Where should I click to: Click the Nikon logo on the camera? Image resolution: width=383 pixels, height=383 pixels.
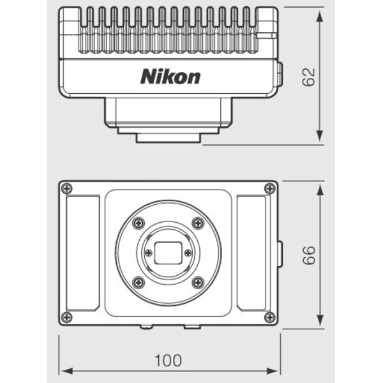pos(170,77)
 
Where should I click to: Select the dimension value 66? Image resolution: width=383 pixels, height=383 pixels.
pos(310,255)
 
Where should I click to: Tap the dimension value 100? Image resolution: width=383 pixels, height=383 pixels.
pos(168,361)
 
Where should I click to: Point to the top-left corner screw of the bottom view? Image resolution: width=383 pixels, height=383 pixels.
pos(67,188)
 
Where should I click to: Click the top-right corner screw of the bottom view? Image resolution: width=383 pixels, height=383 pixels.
pos(270,188)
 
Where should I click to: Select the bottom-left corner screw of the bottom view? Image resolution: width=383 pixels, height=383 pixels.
pos(67,317)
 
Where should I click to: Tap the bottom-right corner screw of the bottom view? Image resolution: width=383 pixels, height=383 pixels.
pos(270,317)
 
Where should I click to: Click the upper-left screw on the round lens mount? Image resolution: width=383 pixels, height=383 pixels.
pos(139,223)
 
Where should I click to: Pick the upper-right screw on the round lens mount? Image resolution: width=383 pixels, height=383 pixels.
pos(198,223)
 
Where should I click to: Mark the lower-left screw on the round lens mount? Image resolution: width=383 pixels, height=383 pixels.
pos(139,282)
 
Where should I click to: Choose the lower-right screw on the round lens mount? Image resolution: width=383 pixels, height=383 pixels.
pos(198,282)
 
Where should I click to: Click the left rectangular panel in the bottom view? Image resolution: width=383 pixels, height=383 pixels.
pos(83,253)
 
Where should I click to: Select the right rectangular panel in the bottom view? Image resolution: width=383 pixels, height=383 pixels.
pos(252,253)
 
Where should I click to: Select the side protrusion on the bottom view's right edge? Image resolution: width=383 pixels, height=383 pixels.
pos(280,253)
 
